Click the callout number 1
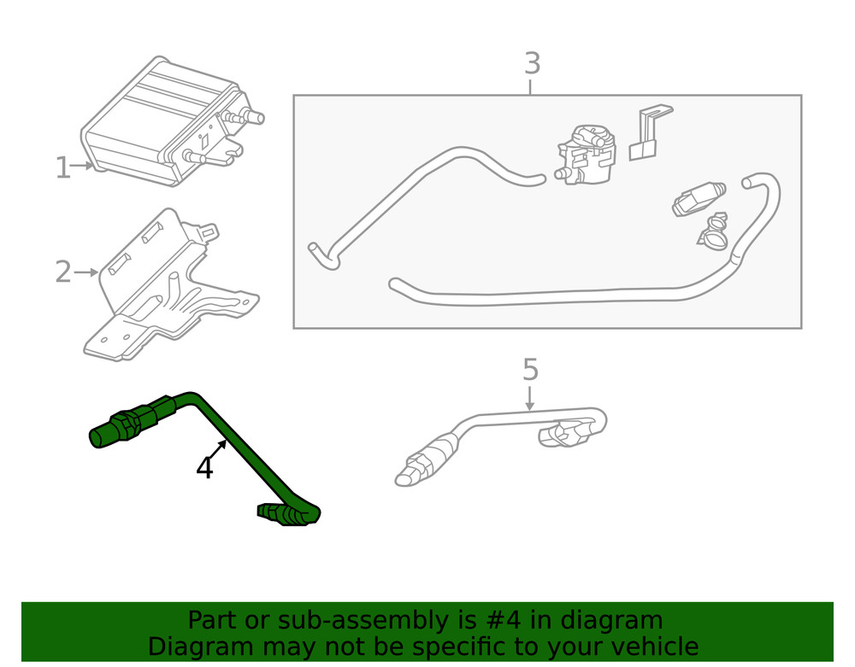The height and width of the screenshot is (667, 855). coord(62,167)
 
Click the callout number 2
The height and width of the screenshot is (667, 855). coord(63,272)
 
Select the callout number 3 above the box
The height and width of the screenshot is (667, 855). coord(532,64)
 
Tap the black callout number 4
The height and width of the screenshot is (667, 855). coord(204,468)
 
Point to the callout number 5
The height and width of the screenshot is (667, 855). coord(530,370)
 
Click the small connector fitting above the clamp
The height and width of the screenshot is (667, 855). coord(697,199)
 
